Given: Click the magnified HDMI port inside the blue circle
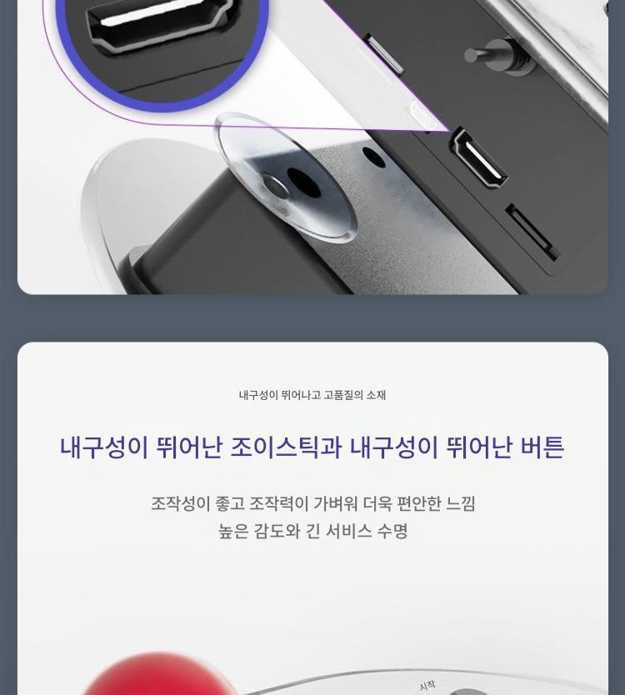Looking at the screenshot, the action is point(159,23).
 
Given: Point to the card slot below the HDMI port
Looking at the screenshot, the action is point(531,232).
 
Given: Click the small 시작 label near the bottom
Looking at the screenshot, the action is point(427,685).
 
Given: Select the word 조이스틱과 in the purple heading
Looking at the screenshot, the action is point(286,447).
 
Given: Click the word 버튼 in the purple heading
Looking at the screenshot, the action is point(542,447).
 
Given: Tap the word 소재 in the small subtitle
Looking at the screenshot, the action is point(376,394).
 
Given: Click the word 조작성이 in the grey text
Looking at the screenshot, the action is point(180,503).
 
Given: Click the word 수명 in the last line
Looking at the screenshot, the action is point(392,531).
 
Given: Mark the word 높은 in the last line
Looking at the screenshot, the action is point(233,531).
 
